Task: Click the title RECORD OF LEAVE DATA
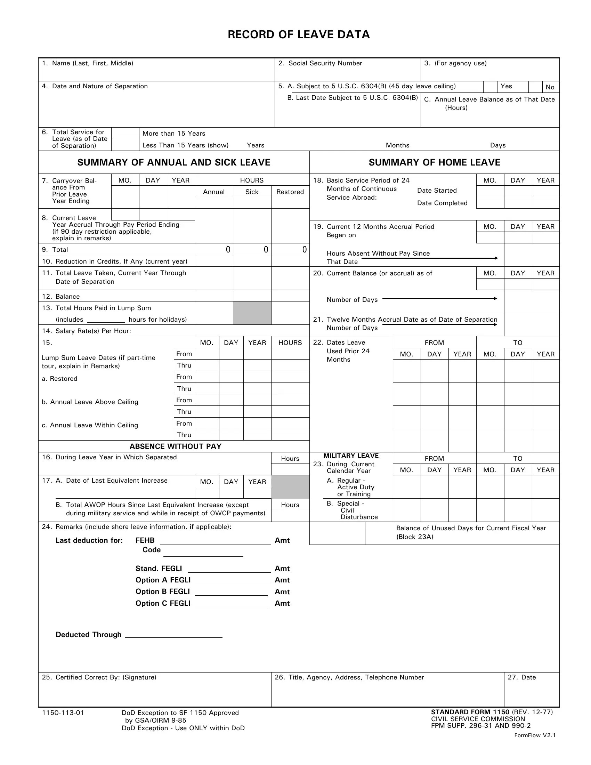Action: (x=299, y=34)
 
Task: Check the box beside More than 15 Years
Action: (x=125, y=134)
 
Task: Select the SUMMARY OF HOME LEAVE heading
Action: (x=434, y=162)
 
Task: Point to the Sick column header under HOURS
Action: (x=252, y=192)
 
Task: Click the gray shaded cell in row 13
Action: (x=252, y=313)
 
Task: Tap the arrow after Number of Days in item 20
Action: (x=439, y=299)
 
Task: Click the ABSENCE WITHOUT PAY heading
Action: (x=175, y=446)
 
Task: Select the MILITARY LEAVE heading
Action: (x=351, y=456)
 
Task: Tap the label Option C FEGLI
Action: (x=163, y=604)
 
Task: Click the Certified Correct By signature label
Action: (x=99, y=677)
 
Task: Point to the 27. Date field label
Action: (x=522, y=677)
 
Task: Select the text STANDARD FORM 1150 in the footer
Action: (x=470, y=712)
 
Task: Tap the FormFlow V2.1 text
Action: (x=535, y=735)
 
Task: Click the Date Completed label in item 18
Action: (x=442, y=203)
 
